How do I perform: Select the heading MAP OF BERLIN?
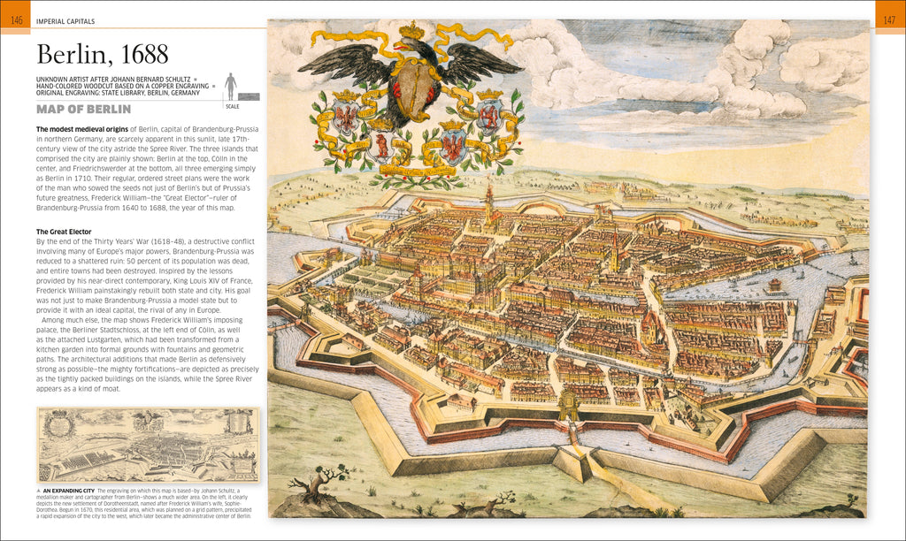pyautogui.click(x=83, y=110)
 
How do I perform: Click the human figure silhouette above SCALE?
pyautogui.click(x=231, y=86)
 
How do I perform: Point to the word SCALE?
pyautogui.click(x=233, y=106)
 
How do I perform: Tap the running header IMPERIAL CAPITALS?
pyautogui.click(x=65, y=20)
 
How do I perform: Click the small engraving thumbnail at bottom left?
pyautogui.click(x=148, y=445)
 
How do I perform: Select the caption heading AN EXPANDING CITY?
pyautogui.click(x=69, y=490)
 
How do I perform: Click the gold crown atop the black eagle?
pyautogui.click(x=411, y=32)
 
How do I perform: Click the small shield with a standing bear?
pyautogui.click(x=382, y=147)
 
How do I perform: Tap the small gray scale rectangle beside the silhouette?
pyautogui.click(x=249, y=95)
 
